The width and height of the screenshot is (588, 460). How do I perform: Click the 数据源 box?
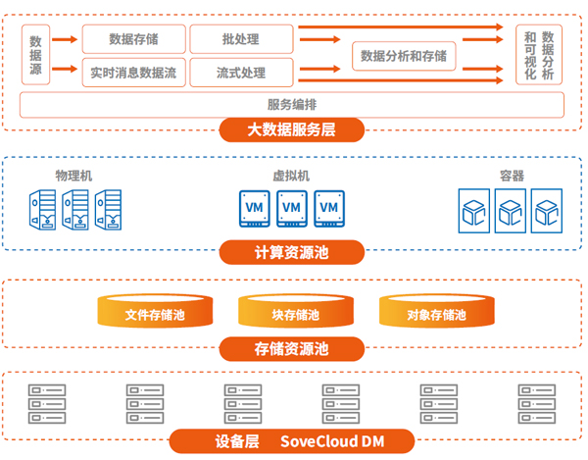[35, 55]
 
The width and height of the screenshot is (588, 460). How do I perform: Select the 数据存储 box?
[133, 39]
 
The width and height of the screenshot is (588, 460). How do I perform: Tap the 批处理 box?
[240, 39]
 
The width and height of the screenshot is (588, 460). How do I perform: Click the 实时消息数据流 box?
[133, 72]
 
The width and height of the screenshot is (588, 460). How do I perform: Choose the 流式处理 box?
[240, 72]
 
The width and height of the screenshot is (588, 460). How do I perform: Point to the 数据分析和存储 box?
[404, 56]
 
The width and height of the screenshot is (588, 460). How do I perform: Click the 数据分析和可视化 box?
[538, 55]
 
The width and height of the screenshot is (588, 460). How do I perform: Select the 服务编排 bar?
[292, 104]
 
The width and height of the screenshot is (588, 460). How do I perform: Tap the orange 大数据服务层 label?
[292, 128]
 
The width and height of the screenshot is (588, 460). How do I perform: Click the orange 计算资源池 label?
[292, 253]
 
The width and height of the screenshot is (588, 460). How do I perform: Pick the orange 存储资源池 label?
[292, 348]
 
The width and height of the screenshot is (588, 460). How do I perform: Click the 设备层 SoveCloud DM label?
[292, 441]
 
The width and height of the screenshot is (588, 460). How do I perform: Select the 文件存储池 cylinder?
[155, 313]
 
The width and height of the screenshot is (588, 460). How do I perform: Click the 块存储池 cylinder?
[295, 313]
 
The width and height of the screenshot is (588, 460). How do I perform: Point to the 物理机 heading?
[74, 176]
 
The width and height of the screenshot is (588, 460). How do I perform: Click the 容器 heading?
[512, 176]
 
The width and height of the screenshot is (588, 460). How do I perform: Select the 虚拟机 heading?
[291, 176]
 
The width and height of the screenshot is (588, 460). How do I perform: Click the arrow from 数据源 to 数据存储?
[65, 39]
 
